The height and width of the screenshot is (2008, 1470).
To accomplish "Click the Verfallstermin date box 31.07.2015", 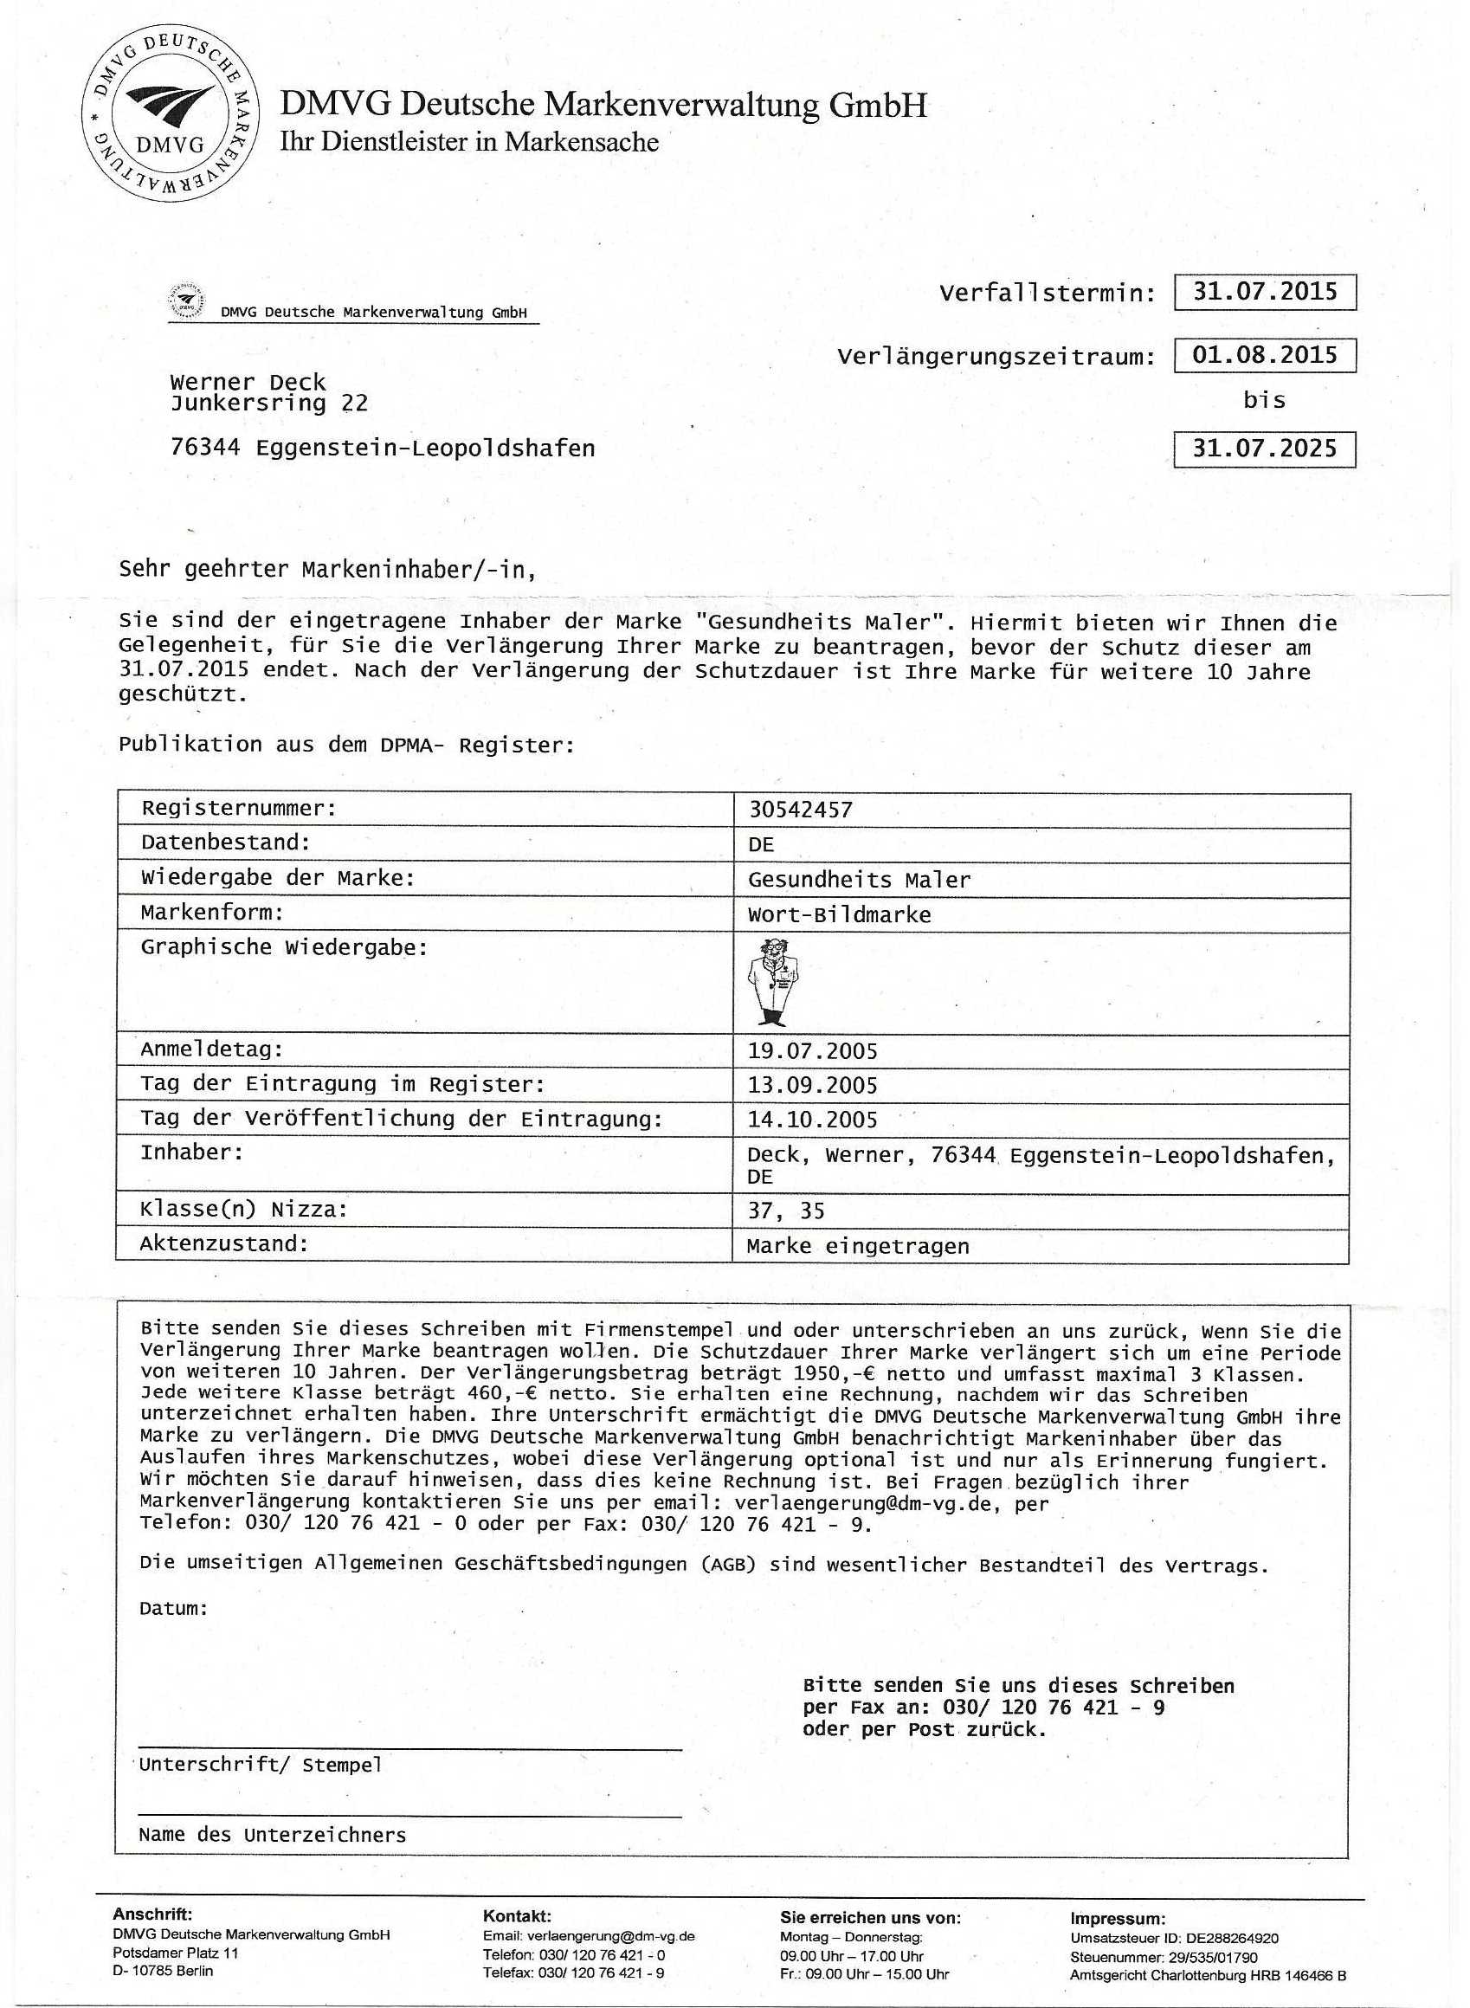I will point(1264,292).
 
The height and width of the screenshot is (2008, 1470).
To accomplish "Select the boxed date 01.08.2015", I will point(1264,355).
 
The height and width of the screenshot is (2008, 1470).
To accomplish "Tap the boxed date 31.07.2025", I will point(1264,449).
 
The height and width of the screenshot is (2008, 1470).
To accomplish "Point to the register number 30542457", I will point(800,810).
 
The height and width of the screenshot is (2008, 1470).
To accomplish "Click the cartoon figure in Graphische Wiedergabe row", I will point(770,982).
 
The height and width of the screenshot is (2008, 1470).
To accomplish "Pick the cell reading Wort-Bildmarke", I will point(839,915).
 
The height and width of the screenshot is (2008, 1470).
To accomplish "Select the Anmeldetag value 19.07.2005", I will point(812,1051).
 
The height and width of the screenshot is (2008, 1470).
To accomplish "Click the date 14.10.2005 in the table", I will point(812,1120).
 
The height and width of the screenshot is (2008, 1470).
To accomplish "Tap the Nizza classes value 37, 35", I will point(786,1211).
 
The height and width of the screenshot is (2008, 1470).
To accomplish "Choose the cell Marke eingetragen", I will point(858,1246).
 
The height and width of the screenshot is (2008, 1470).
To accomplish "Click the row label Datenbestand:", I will point(225,842).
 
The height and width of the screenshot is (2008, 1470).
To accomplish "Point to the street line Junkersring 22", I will point(268,404).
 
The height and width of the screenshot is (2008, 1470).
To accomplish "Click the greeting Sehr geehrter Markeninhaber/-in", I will point(327,570).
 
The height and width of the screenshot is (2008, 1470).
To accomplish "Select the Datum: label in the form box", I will point(173,1608).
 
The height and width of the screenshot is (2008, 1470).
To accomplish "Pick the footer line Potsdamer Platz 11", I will point(175,1953).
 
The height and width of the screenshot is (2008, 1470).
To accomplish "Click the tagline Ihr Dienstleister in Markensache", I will point(469,142).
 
